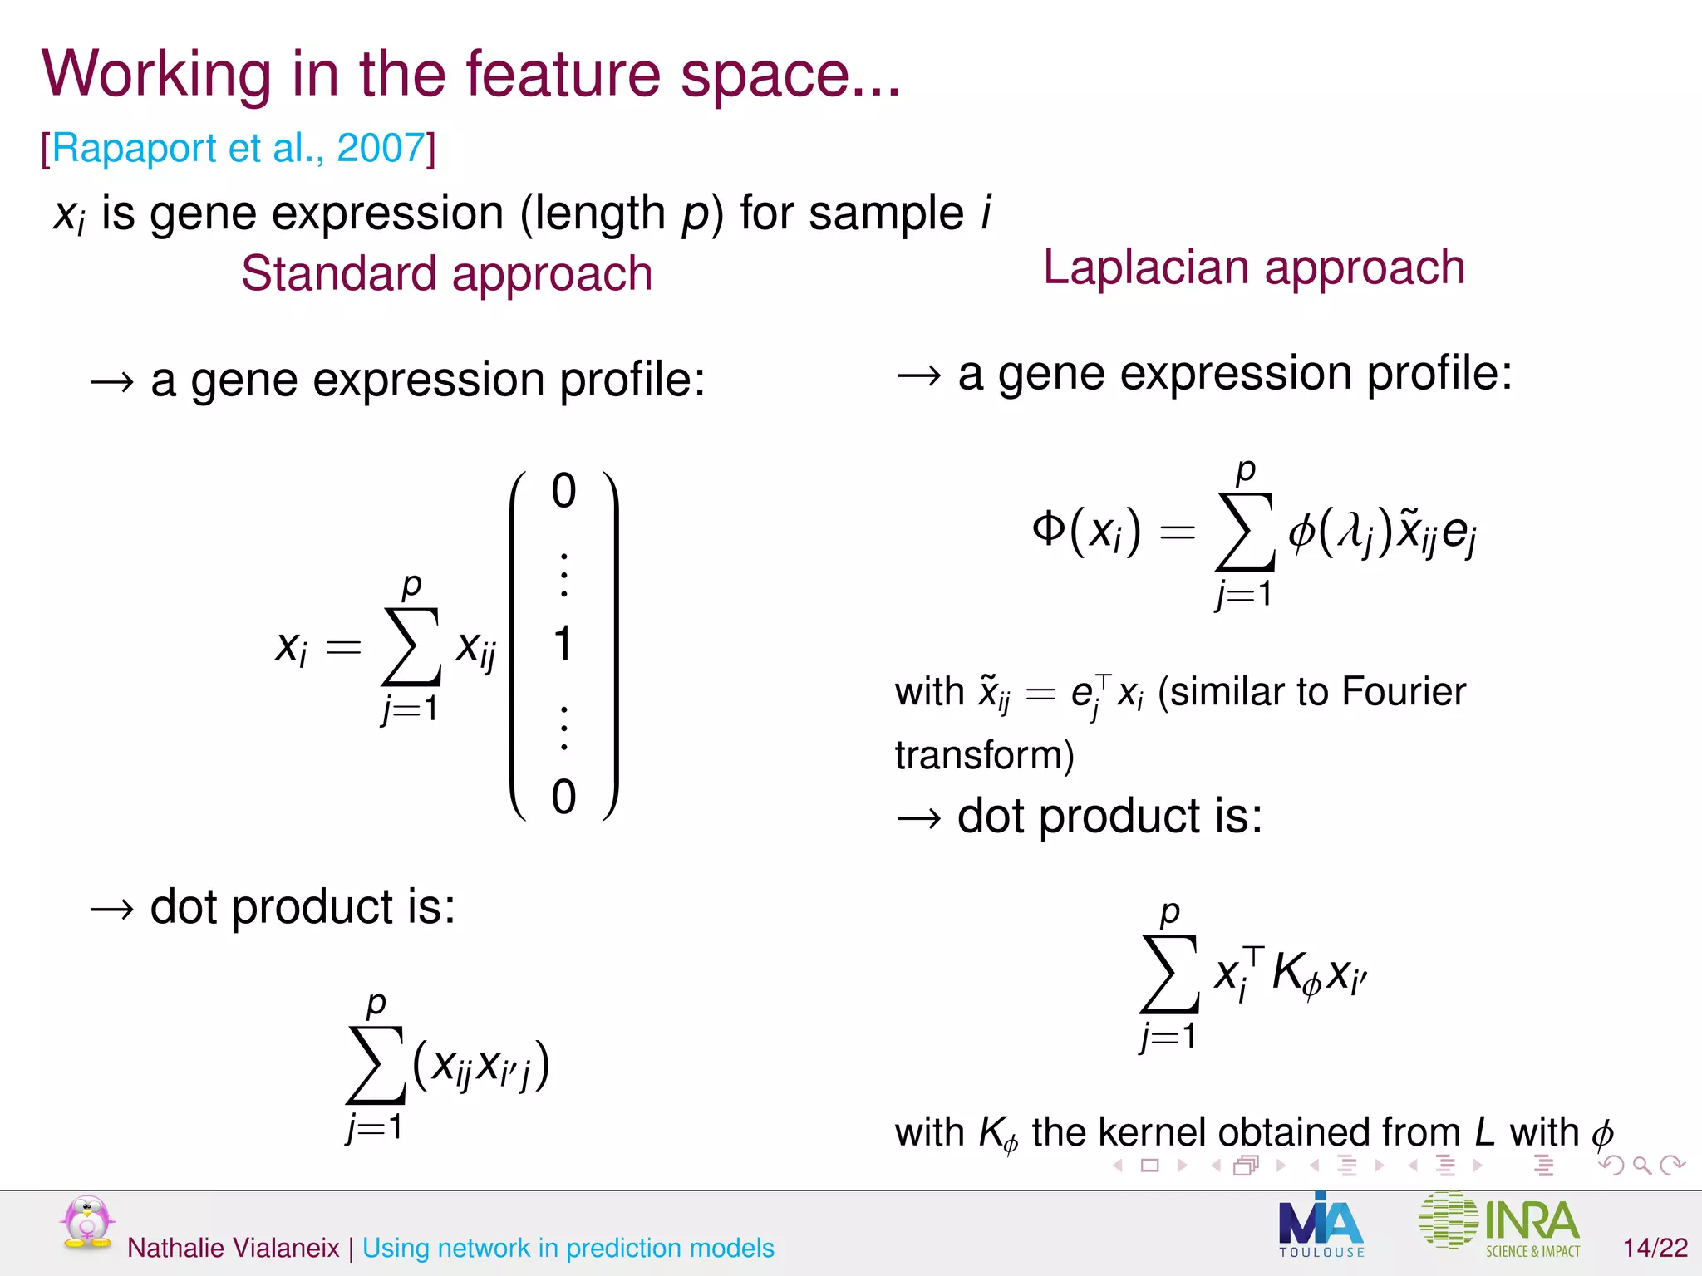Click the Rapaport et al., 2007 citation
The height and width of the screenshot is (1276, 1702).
coord(239,149)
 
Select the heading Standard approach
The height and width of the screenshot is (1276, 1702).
coord(446,273)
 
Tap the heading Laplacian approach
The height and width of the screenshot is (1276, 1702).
coord(1253,267)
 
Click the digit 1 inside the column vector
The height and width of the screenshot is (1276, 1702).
coord(563,644)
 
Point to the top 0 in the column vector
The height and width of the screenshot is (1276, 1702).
coord(563,491)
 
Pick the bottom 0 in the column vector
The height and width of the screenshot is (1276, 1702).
coord(563,797)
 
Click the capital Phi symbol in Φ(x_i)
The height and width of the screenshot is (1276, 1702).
coord(1049,528)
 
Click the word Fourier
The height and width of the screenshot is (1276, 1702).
coord(1404,691)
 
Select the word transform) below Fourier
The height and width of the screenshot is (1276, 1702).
coord(984,754)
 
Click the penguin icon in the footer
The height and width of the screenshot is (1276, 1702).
coord(86,1222)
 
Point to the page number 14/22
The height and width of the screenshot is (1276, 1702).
coord(1655,1247)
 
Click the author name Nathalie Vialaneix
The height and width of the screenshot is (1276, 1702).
coord(234,1248)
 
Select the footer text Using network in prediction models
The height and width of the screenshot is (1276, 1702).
coord(568,1248)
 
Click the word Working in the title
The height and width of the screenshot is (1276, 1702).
coord(156,75)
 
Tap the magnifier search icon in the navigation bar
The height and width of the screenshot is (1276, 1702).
coord(1641,1166)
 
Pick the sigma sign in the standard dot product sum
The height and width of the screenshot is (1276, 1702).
coord(376,1065)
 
